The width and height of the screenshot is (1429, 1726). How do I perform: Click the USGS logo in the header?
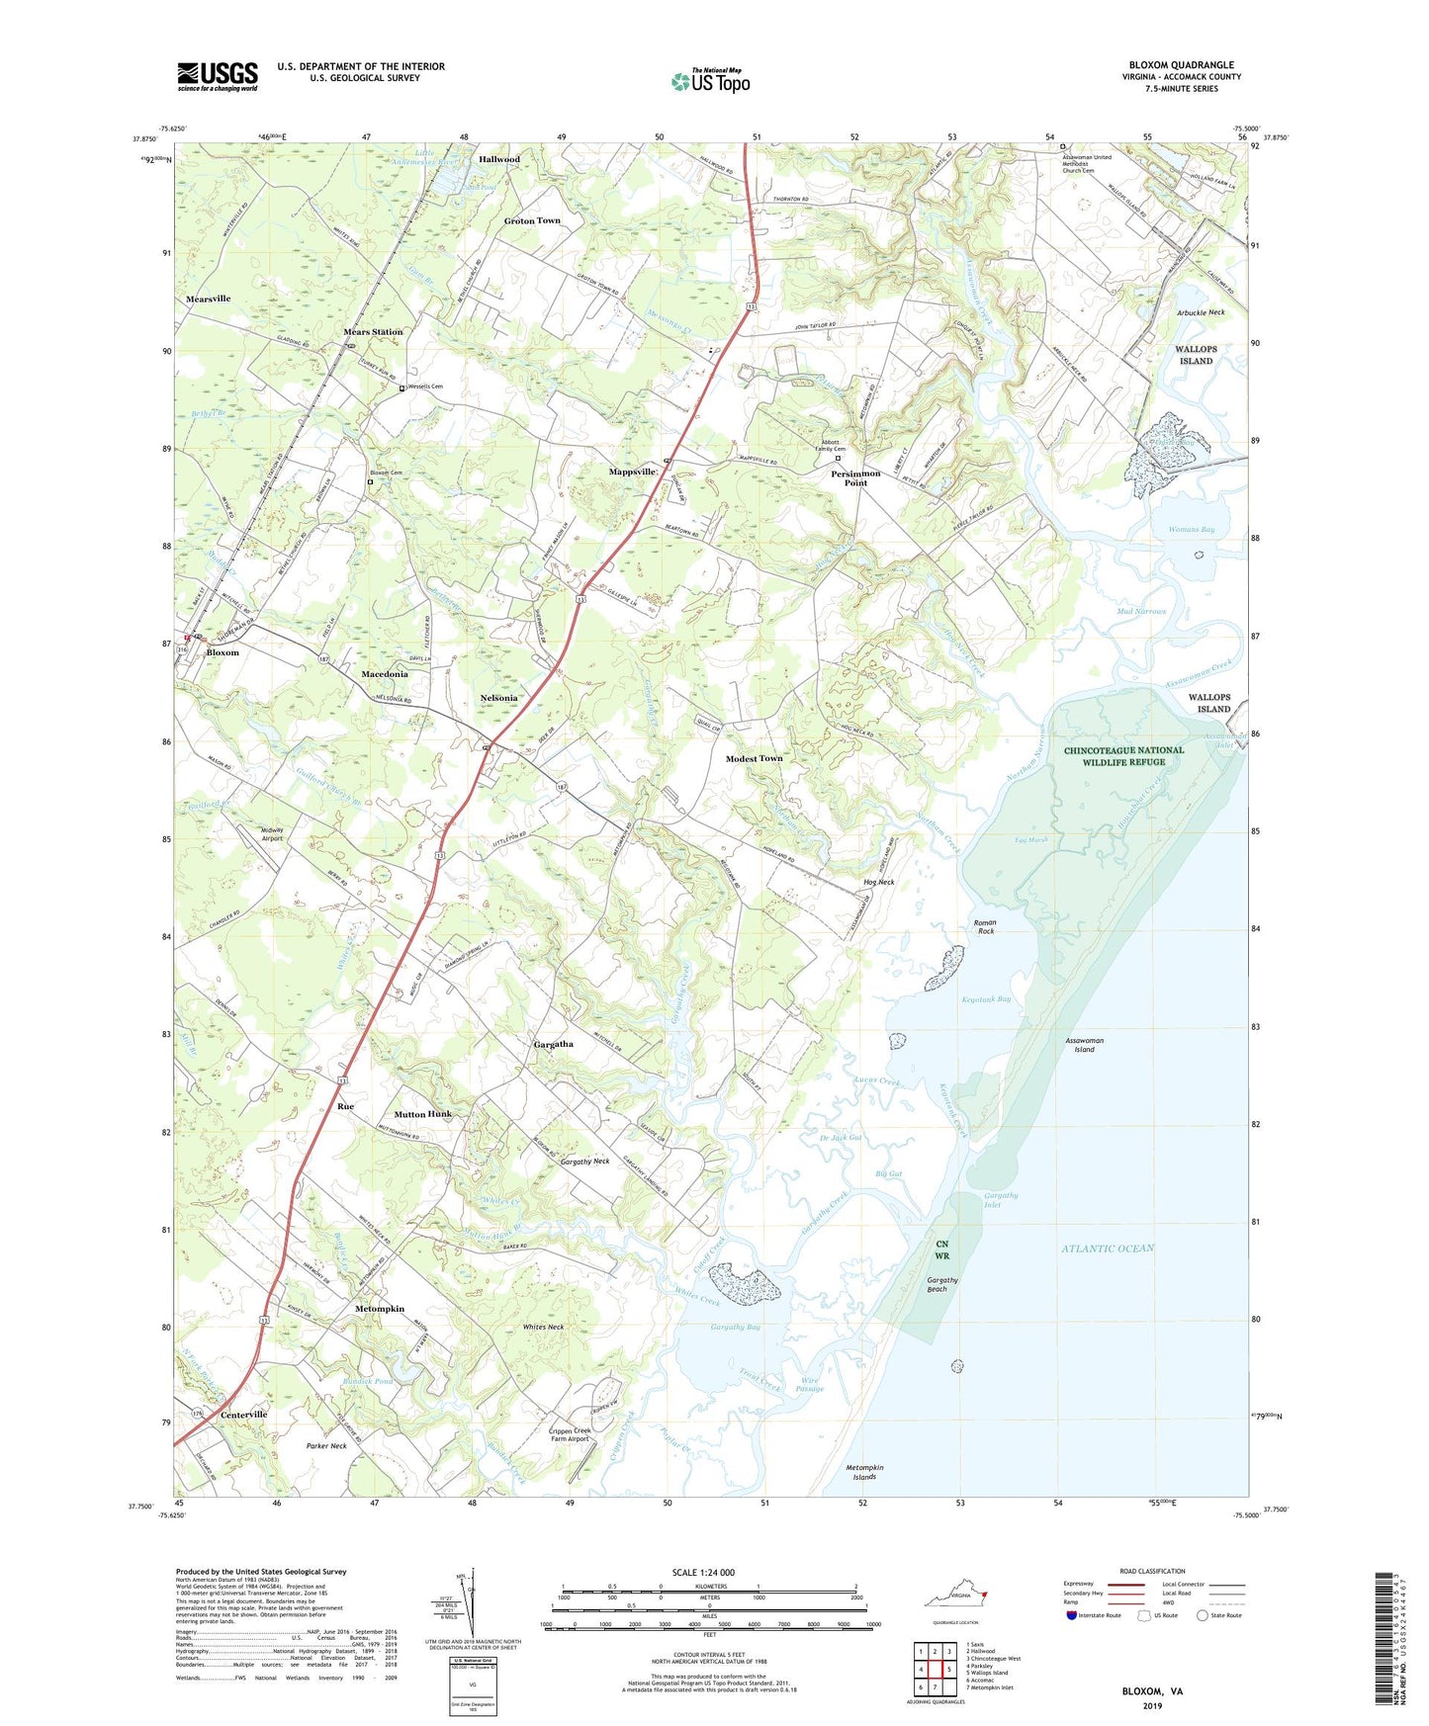(218, 76)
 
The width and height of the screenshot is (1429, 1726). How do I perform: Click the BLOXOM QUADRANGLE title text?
(1181, 65)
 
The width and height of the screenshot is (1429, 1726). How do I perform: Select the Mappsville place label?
(633, 473)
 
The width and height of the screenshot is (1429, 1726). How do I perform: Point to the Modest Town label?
(754, 758)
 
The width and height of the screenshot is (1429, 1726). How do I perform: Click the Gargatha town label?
(553, 1044)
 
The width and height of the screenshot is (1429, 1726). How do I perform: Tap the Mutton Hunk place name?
(422, 1114)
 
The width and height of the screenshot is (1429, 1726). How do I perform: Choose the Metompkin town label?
(380, 1308)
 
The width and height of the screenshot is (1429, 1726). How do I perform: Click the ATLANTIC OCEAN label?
(1108, 1249)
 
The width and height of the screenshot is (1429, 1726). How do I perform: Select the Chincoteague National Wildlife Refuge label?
(1123, 756)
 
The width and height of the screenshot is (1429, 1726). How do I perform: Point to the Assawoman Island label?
(1084, 1045)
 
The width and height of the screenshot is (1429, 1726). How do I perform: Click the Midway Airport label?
(272, 833)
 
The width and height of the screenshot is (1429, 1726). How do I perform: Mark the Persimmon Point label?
(855, 478)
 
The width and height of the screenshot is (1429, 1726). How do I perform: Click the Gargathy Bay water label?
(736, 1327)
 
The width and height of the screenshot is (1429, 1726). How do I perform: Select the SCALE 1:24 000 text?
(703, 1572)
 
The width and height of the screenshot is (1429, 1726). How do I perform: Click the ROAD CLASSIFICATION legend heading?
(1152, 1571)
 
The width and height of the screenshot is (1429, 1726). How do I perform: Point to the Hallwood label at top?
(499, 159)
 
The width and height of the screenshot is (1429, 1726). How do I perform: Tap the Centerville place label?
(243, 1415)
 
